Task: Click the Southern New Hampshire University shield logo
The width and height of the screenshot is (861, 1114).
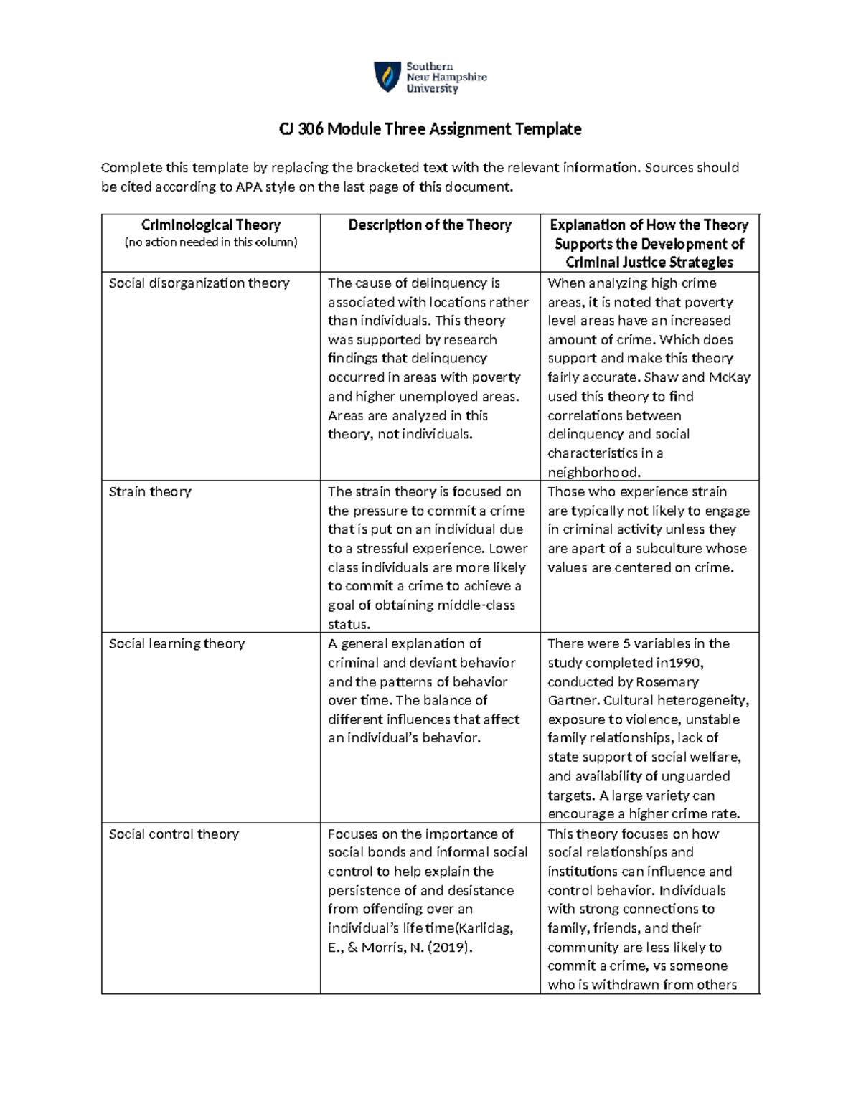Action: pyautogui.click(x=387, y=77)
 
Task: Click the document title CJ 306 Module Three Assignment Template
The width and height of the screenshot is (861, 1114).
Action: pyautogui.click(x=430, y=129)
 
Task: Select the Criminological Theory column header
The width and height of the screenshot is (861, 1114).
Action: pyautogui.click(x=211, y=225)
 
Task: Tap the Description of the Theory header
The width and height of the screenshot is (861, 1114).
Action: pyautogui.click(x=430, y=225)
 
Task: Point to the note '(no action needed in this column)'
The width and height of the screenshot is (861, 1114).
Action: pyautogui.click(x=211, y=242)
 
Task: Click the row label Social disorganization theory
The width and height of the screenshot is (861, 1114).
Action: pyautogui.click(x=199, y=283)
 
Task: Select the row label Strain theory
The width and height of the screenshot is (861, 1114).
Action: pyautogui.click(x=150, y=492)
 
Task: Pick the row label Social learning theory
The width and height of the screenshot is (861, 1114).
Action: pyautogui.click(x=177, y=644)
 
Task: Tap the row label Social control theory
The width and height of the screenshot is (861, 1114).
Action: pyautogui.click(x=174, y=834)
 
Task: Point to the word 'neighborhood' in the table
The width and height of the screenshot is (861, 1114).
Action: pyautogui.click(x=593, y=473)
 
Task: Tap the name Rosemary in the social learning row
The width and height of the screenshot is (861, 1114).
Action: pyautogui.click(x=669, y=682)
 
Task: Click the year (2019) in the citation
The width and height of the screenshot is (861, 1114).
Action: pyautogui.click(x=449, y=948)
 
